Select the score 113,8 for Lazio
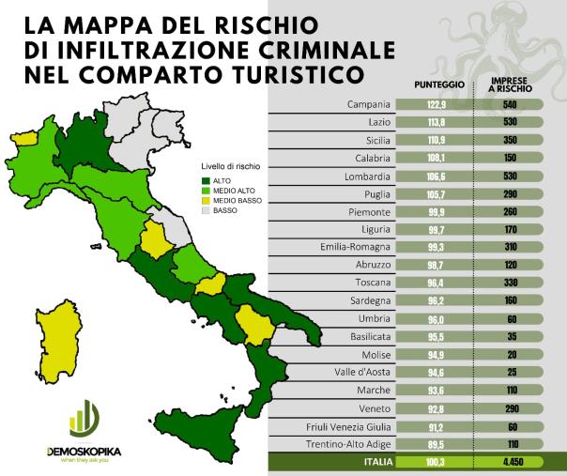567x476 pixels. click(433, 122)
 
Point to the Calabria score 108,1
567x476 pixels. click(433, 158)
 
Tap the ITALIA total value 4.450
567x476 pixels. click(512, 462)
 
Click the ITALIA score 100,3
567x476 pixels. click(433, 462)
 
